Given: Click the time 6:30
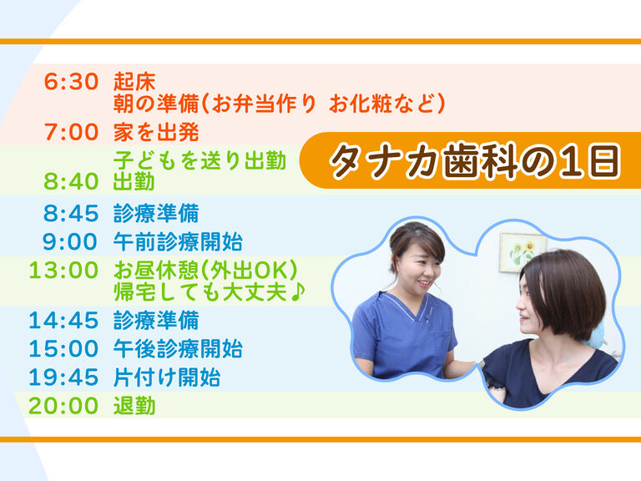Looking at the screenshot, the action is (x=71, y=81).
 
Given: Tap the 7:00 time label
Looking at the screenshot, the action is (x=72, y=132).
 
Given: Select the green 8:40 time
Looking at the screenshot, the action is (x=71, y=181).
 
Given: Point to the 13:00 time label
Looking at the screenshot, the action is (x=63, y=271).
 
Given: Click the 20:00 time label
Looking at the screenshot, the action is (x=63, y=406).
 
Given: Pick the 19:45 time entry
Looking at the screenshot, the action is (x=63, y=377).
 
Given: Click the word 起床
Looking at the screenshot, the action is (x=134, y=81).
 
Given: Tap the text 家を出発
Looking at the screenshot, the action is (x=156, y=132).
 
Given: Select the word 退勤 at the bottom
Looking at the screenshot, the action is (x=134, y=406).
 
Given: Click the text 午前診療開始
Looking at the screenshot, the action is (x=178, y=241).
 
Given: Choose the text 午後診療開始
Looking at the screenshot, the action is (x=178, y=348).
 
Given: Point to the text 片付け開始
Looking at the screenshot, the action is (x=167, y=377).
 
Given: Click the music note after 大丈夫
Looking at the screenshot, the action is (x=298, y=291).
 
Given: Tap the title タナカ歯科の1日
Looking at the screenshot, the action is (x=475, y=160).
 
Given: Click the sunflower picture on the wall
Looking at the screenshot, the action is (x=522, y=252).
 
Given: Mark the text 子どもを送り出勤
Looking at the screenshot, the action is (x=199, y=160).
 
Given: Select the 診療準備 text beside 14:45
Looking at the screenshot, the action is (x=156, y=320).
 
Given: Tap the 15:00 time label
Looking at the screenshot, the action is (x=63, y=348).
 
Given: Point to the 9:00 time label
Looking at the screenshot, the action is (x=70, y=241).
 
